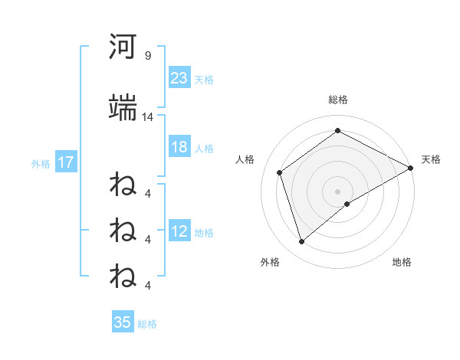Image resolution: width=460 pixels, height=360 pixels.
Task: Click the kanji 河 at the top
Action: [123, 48]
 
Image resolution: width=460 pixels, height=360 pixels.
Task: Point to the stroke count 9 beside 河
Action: [147, 56]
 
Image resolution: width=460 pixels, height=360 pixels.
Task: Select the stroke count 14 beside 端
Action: [148, 117]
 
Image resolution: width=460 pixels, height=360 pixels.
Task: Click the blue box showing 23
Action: [179, 77]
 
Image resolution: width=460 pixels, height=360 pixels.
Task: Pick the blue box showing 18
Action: [179, 147]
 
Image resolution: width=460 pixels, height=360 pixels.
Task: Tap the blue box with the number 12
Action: [179, 231]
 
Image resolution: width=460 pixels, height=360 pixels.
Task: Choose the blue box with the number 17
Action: [66, 162]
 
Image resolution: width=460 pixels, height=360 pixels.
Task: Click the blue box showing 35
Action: [123, 322]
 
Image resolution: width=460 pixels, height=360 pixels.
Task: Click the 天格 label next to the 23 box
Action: [204, 80]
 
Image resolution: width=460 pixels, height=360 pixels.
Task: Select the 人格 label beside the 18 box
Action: [204, 149]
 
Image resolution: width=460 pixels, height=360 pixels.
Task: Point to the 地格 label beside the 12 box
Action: [204, 233]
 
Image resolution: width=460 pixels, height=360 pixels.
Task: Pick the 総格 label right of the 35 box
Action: [147, 324]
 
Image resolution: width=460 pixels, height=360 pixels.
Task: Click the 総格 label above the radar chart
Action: [338, 100]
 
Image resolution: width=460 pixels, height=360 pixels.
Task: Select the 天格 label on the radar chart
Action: [431, 159]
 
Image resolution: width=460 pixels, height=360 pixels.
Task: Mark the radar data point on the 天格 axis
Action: [412, 167]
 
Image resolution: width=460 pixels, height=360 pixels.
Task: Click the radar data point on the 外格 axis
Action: [302, 242]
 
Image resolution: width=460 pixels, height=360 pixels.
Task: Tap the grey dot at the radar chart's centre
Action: [338, 191]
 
